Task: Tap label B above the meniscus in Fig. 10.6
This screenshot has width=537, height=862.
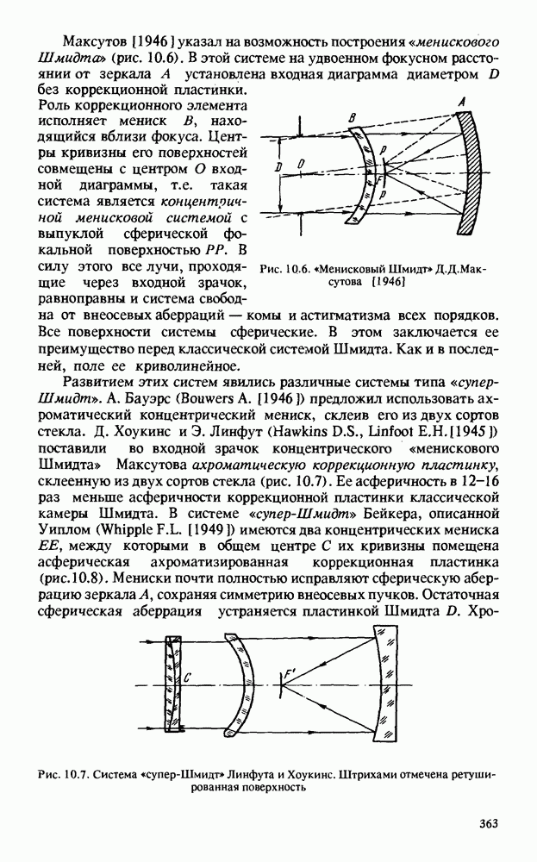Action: click(x=353, y=117)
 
